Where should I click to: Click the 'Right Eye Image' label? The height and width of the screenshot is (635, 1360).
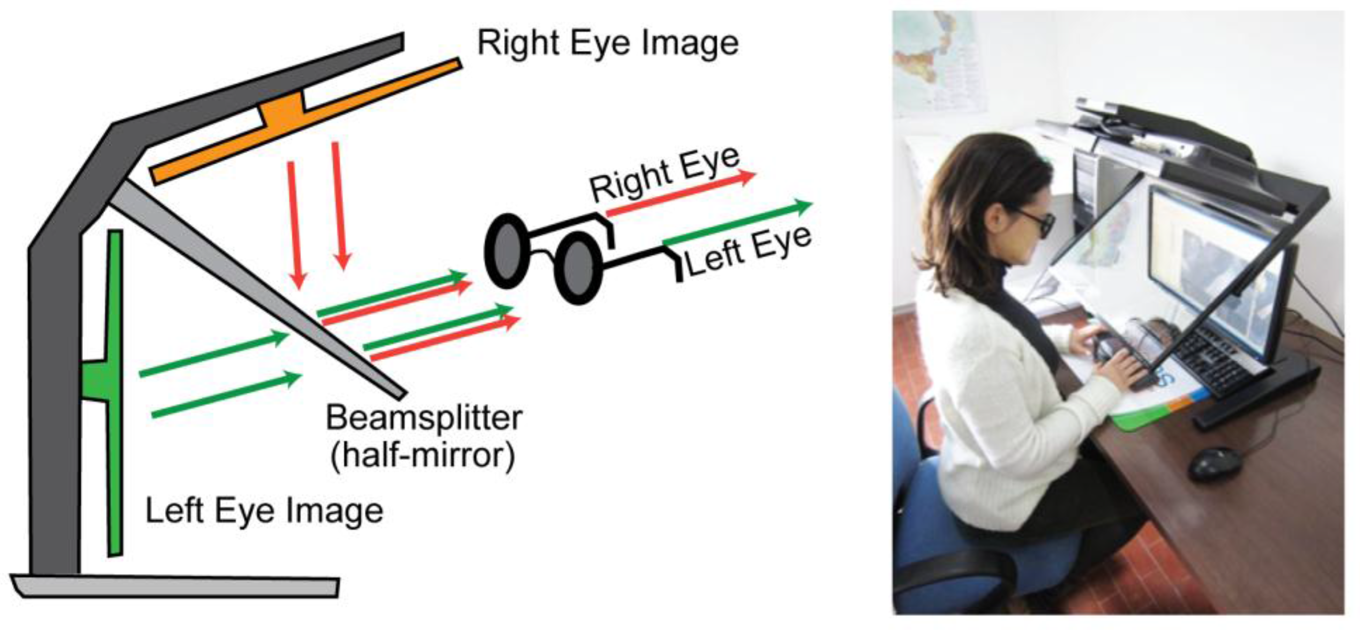click(x=607, y=43)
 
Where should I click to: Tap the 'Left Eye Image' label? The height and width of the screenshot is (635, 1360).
click(x=264, y=510)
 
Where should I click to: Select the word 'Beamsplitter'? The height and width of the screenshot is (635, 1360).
click(x=424, y=418)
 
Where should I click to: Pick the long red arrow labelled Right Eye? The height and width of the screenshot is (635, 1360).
click(x=681, y=194)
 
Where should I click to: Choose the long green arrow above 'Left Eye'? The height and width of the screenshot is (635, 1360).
click(x=739, y=224)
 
